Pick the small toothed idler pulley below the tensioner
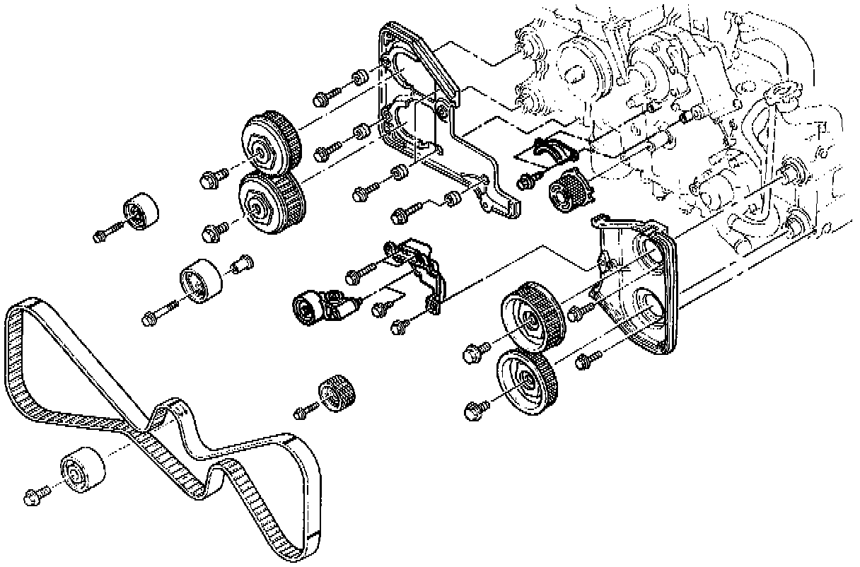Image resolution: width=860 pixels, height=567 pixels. pos(337,393)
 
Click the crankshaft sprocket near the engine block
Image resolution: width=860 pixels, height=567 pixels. pos(570,189)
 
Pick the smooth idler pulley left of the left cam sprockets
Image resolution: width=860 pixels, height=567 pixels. pos(139,210)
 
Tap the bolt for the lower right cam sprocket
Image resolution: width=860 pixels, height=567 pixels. pos(475,409)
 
